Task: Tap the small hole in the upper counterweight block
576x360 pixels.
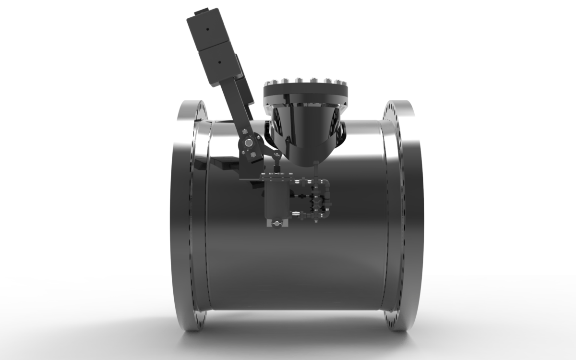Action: pos(207,29)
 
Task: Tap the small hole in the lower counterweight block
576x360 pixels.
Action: pos(219,62)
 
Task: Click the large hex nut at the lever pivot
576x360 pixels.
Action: pos(248,143)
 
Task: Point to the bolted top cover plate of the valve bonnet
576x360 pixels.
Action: pos(305,91)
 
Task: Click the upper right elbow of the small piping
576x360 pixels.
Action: pos(326,183)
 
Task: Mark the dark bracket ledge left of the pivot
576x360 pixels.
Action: pos(223,163)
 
